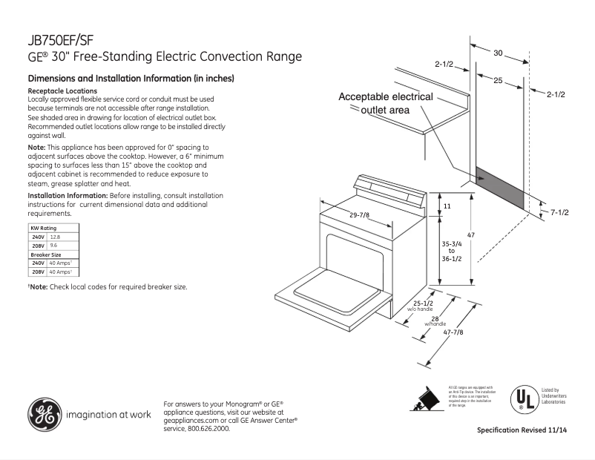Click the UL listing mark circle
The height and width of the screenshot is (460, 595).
pyautogui.click(x=524, y=399)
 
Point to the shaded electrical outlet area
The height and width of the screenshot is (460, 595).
pyautogui.click(x=502, y=186)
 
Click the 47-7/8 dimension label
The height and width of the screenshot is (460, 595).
pyautogui.click(x=453, y=332)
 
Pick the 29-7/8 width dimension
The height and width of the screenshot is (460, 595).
pyautogui.click(x=359, y=214)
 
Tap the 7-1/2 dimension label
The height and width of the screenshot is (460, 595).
pyautogui.click(x=559, y=213)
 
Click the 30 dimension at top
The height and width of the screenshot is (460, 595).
pyautogui.click(x=498, y=53)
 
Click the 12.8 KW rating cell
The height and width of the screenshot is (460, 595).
pyautogui.click(x=54, y=236)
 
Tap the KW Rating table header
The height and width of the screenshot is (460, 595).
pyautogui.click(x=42, y=227)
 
